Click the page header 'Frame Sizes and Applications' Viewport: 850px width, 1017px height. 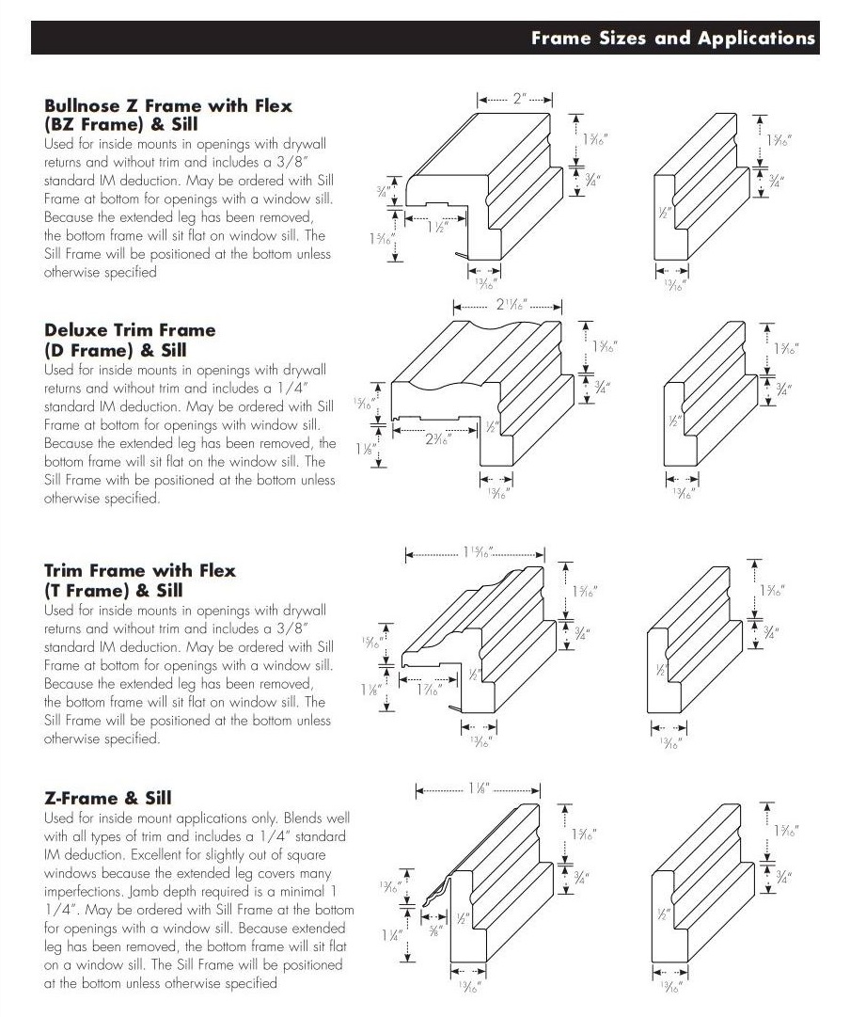point(672,39)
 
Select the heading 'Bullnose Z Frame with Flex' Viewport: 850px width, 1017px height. point(167,105)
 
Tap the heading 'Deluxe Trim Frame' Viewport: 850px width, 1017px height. point(130,330)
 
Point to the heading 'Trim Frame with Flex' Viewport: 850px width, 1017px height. point(140,571)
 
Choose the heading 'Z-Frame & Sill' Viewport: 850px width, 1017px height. point(107,798)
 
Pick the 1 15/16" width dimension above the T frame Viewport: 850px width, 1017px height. point(477,552)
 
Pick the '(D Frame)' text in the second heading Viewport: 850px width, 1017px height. point(84,350)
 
